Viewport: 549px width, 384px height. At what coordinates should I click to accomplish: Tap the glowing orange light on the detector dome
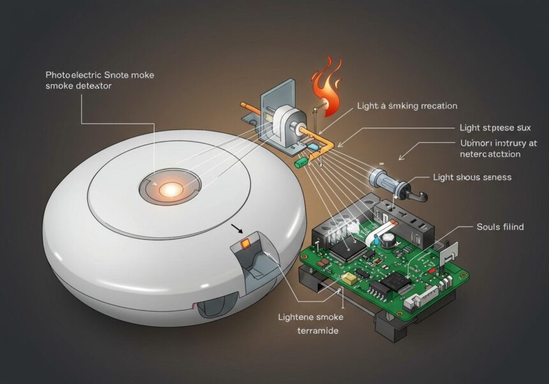tap(170, 189)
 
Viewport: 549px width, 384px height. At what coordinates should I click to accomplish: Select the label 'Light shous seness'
tap(472, 177)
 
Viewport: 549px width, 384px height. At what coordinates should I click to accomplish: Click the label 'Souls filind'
tap(500, 226)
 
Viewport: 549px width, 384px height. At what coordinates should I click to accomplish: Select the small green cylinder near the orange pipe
tap(301, 163)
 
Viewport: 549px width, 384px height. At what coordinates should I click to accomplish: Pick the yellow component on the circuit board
tap(349, 278)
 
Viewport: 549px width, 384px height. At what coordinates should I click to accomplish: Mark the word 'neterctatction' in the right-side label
tap(490, 154)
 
